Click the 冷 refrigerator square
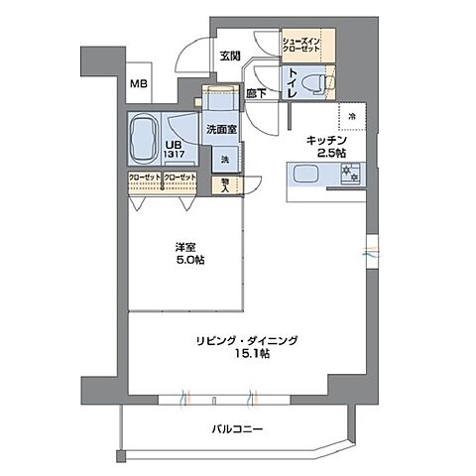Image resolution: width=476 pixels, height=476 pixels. (x=352, y=116)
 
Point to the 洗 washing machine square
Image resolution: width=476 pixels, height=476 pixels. (x=224, y=159)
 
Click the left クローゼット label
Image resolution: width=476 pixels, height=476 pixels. (x=145, y=178)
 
